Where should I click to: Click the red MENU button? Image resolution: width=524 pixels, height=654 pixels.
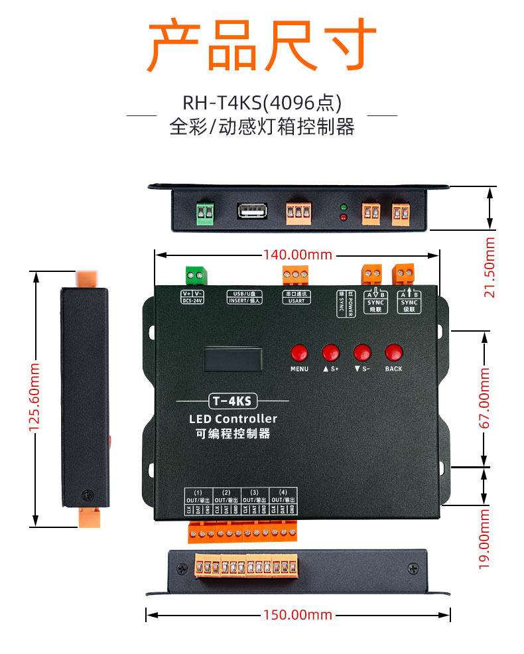coord(299,352)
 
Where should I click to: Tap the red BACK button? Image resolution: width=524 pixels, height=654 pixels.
coord(394,352)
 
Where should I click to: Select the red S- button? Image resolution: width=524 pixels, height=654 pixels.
coord(362,352)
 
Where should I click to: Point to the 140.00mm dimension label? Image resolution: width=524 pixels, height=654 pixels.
coord(297,255)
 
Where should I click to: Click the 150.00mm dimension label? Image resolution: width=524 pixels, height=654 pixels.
coord(298,615)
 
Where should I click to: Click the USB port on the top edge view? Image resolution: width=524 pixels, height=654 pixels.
coord(251,211)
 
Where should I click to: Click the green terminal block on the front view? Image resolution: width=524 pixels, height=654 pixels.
coord(195,275)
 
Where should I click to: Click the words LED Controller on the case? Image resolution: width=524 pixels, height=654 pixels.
coord(233,419)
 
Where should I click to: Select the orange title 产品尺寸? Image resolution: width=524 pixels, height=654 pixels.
coord(261,45)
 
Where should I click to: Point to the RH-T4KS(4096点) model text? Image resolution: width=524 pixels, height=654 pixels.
coord(261,103)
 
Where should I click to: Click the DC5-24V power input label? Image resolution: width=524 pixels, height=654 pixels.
coord(192,300)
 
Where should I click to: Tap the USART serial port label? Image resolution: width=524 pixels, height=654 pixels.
coord(295,300)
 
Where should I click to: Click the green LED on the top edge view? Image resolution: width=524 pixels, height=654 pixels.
coord(344,207)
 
